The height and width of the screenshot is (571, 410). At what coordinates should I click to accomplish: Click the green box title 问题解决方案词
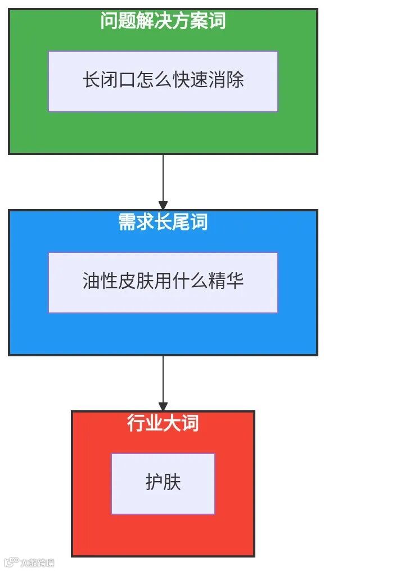(x=163, y=21)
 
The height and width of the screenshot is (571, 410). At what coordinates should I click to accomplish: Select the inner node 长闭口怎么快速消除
(x=163, y=81)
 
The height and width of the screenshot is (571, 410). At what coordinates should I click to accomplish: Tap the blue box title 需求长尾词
(x=163, y=222)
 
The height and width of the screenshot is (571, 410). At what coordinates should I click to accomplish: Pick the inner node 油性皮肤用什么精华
(x=163, y=282)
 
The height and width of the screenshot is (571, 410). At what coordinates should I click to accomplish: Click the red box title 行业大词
(x=163, y=423)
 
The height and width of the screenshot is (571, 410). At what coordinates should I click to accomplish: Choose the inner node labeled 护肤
(x=163, y=483)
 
